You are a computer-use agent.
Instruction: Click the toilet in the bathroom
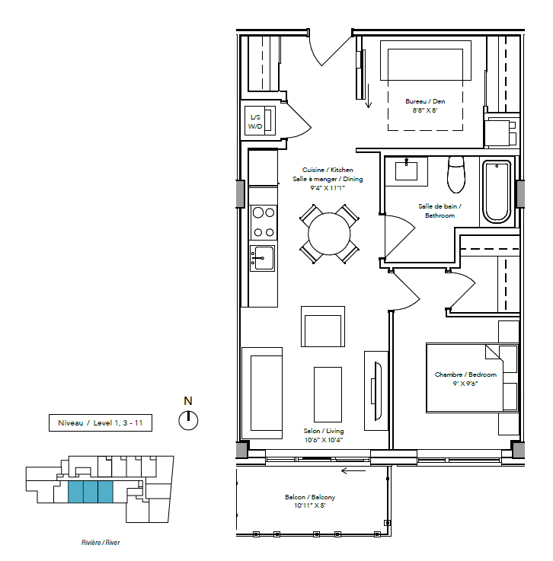[x=456, y=174]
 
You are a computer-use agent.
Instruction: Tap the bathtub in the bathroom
[x=497, y=192]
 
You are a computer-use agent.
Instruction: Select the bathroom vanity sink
[x=406, y=171]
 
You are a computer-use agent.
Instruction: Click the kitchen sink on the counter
[x=262, y=258]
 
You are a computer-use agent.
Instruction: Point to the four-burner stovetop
[x=263, y=222]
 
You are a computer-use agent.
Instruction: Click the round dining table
[x=329, y=234]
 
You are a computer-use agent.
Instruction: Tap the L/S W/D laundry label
[x=255, y=122]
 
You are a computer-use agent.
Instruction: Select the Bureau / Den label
[x=425, y=101]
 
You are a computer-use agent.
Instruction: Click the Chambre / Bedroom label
[x=465, y=375]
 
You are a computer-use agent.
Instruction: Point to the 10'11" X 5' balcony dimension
[x=310, y=505]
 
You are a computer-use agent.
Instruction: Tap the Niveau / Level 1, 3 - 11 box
[x=101, y=423]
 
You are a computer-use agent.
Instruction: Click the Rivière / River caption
[x=101, y=543]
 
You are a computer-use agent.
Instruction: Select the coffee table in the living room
[x=328, y=394]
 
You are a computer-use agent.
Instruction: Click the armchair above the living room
[x=323, y=327]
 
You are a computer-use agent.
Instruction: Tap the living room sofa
[x=262, y=394]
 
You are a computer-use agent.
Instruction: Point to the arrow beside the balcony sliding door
[x=353, y=471]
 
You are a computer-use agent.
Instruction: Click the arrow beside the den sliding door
[x=369, y=96]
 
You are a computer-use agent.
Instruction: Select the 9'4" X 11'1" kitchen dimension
[x=328, y=188]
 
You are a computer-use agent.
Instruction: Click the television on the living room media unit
[x=377, y=390]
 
